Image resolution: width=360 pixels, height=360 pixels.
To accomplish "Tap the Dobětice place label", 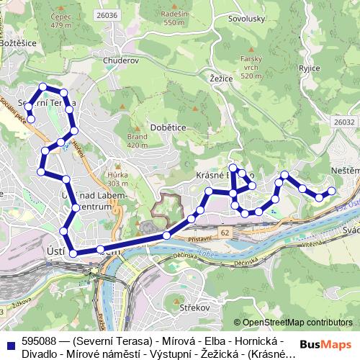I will point(168,127).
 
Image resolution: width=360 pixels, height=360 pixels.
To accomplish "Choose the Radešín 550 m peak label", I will point(175,19).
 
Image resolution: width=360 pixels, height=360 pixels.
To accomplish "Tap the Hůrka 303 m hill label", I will point(117,177).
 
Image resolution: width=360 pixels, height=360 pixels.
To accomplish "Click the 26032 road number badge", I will point(343,123).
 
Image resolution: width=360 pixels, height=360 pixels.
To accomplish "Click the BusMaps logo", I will point(331,344).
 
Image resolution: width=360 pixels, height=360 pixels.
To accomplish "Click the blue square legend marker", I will point(10,345).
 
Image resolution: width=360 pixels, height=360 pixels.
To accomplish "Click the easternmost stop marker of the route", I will point(332,191).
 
